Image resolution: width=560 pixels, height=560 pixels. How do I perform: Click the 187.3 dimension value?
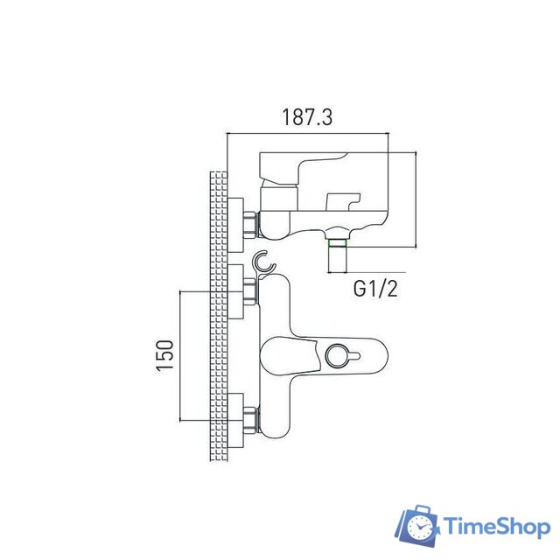click(306, 116)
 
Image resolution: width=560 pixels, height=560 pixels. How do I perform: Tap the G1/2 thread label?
click(375, 288)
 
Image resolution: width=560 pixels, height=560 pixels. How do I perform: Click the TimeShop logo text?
click(495, 526)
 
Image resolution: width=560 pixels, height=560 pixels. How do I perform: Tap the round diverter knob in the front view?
click(336, 355)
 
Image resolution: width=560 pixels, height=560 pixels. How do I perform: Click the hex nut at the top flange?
click(252, 224)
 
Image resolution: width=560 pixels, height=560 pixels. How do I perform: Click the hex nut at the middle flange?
click(252, 291)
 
